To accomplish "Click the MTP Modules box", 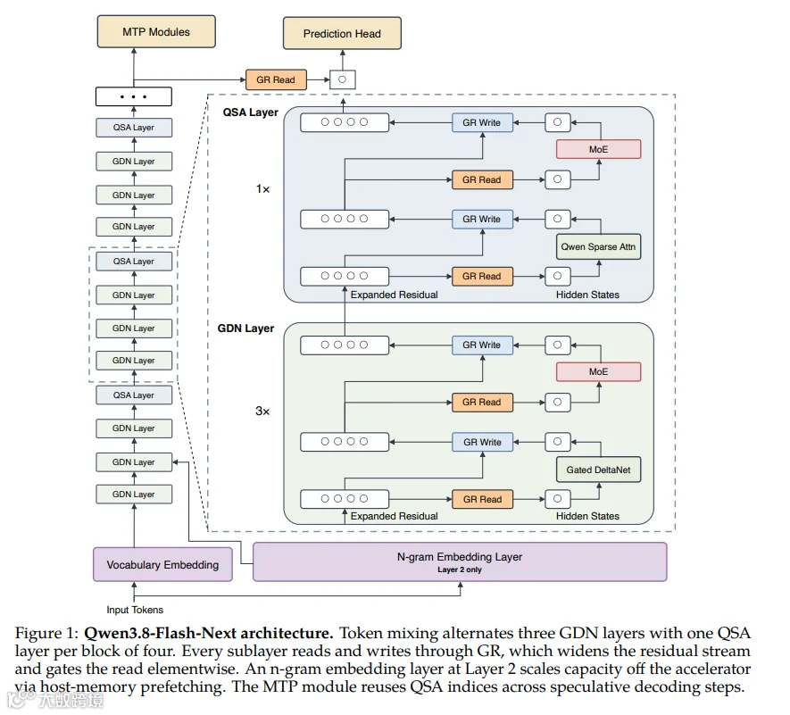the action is (156, 32).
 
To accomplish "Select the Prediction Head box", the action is (342, 33).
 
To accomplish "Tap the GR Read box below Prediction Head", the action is (276, 79).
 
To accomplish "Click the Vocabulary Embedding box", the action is (162, 564).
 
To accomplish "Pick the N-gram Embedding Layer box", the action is (460, 561).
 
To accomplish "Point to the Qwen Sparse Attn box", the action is (599, 247).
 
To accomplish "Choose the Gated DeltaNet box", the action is (599, 470).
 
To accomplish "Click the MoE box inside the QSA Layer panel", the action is (599, 149).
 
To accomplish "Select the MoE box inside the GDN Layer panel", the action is (599, 372).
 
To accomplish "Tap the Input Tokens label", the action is (135, 610).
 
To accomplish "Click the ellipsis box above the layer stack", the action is (134, 96).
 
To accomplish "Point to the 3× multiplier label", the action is (262, 412).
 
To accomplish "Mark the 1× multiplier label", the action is (262, 189).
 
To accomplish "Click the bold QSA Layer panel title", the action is (251, 112).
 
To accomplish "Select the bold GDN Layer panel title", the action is (245, 328).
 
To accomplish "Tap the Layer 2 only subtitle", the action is (460, 570).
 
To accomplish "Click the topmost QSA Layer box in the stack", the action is (134, 128).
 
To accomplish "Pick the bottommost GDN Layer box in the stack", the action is (134, 495).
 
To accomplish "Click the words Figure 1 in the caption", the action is (46, 633).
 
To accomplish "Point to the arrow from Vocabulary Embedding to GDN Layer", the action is (134, 526).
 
